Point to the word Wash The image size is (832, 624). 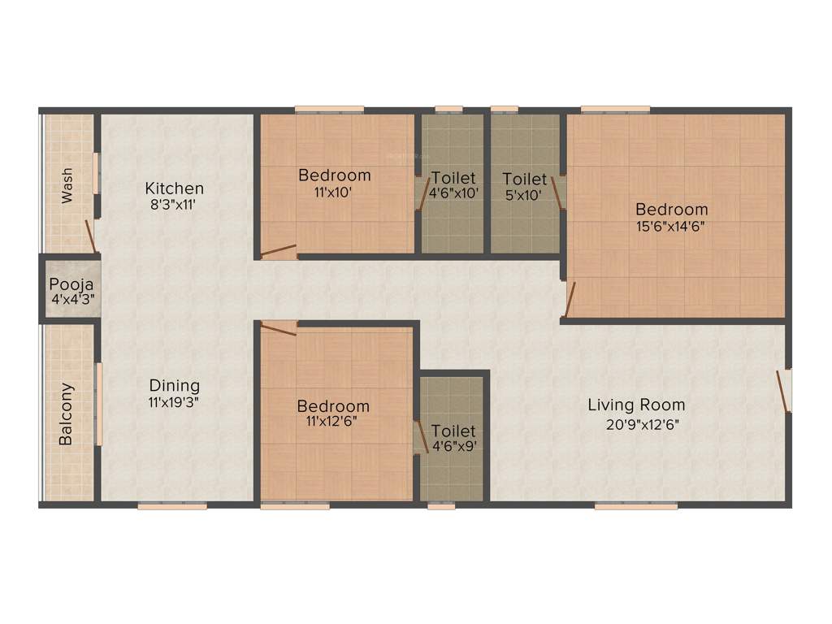(66, 185)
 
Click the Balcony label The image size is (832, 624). (66, 414)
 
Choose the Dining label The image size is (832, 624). (174, 385)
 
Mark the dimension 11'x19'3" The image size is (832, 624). (174, 401)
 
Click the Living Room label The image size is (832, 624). (636, 405)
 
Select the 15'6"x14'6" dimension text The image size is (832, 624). (671, 227)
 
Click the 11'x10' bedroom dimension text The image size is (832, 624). (334, 193)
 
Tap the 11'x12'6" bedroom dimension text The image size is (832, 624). (333, 422)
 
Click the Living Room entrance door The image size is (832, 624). (785, 392)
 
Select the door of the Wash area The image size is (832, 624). (91, 236)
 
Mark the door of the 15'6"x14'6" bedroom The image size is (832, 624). (570, 299)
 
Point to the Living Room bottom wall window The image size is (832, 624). (635, 506)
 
